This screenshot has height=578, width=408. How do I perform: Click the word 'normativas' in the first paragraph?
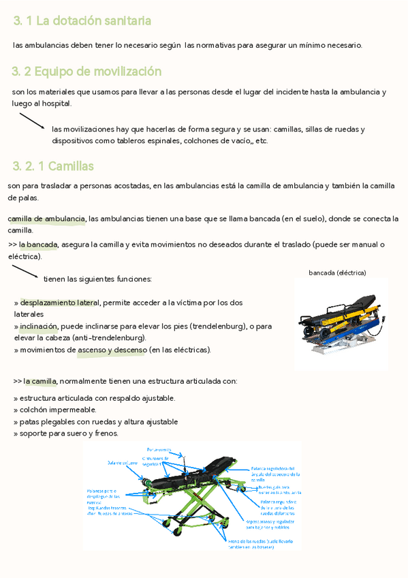pyautogui.click(x=215, y=45)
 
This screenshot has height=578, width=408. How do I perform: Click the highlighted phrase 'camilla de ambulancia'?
pyautogui.click(x=46, y=219)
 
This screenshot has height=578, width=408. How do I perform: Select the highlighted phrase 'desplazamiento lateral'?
pyautogui.click(x=59, y=303)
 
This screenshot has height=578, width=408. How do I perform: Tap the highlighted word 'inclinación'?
pyautogui.click(x=39, y=326)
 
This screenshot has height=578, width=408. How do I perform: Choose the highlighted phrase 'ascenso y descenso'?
pyautogui.click(x=112, y=350)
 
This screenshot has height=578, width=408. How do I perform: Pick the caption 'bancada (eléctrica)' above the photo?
pyautogui.click(x=337, y=273)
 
